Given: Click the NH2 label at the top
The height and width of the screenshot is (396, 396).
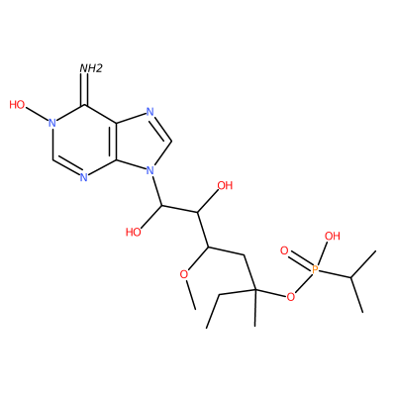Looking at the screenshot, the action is click(x=91, y=68).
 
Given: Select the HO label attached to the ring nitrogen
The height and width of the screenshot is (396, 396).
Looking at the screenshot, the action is click(x=17, y=105).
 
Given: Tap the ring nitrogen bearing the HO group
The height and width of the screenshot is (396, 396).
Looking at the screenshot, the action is click(x=51, y=123).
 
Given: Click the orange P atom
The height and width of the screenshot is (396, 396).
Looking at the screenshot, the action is click(x=315, y=270).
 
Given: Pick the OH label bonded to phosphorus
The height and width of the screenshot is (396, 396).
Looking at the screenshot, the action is click(x=332, y=236).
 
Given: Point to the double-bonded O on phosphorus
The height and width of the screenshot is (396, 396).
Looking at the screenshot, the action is click(x=284, y=250).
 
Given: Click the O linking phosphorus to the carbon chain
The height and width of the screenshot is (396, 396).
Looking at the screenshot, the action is click(x=290, y=297).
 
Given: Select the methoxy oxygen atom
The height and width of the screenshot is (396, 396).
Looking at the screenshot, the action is click(x=183, y=274).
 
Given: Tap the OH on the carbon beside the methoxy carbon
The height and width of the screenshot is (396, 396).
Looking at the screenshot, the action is click(x=225, y=185).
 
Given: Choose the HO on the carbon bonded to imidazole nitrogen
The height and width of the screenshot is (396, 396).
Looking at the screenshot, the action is click(x=134, y=233).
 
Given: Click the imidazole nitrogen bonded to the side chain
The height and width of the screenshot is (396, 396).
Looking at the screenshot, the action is click(x=150, y=171).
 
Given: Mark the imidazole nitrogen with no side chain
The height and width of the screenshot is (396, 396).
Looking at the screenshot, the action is click(x=150, y=112).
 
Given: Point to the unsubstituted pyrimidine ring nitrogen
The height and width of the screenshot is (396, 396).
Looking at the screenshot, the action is click(x=84, y=178).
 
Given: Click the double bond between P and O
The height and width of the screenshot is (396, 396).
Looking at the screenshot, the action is click(x=300, y=260).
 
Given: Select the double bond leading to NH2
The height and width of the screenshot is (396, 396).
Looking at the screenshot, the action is click(x=86, y=89).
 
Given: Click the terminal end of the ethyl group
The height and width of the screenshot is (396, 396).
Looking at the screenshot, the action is click(x=207, y=328).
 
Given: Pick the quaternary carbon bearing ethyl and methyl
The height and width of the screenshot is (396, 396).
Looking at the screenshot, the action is click(x=254, y=290).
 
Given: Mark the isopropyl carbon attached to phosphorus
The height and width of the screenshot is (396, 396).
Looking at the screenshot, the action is click(x=350, y=278).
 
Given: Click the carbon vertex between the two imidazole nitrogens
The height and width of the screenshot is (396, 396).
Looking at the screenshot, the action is click(x=171, y=142).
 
